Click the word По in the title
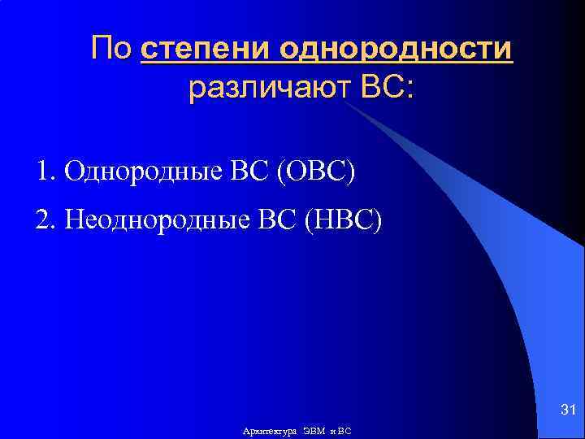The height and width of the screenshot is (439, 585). [x=113, y=49]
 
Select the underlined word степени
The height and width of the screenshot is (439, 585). [x=206, y=50]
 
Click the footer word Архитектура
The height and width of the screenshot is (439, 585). [x=271, y=430]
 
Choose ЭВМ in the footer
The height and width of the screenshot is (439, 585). [x=314, y=430]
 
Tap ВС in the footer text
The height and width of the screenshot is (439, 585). [x=344, y=430]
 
